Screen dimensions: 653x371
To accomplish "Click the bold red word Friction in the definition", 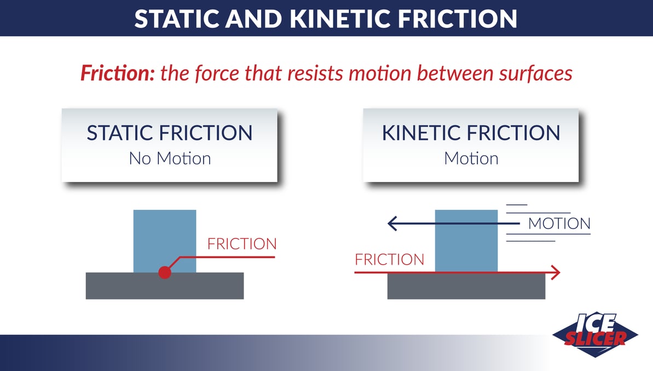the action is [117, 73].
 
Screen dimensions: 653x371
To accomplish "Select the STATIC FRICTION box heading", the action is [170, 133].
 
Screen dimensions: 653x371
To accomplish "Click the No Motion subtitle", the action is [170, 158].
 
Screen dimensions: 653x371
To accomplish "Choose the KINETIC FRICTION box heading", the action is [471, 133].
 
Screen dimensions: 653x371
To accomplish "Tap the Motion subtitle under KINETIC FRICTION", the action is [471, 158].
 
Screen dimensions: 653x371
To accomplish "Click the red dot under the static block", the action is [165, 272].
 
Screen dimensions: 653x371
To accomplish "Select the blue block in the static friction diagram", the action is [165, 241].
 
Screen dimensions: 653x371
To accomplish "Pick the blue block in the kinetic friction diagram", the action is [466, 241].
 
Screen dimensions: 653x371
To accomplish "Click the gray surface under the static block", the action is [165, 286].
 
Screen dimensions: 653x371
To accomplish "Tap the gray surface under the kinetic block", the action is [466, 287].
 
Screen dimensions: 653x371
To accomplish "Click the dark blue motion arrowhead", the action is [392, 224].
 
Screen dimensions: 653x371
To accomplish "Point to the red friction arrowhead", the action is [556, 272].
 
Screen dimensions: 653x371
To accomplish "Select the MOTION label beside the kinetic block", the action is [559, 224].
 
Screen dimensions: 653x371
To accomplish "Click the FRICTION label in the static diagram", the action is [242, 244].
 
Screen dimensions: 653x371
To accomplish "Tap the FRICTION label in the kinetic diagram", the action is [389, 259].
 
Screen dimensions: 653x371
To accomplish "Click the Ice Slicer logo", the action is [596, 334].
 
